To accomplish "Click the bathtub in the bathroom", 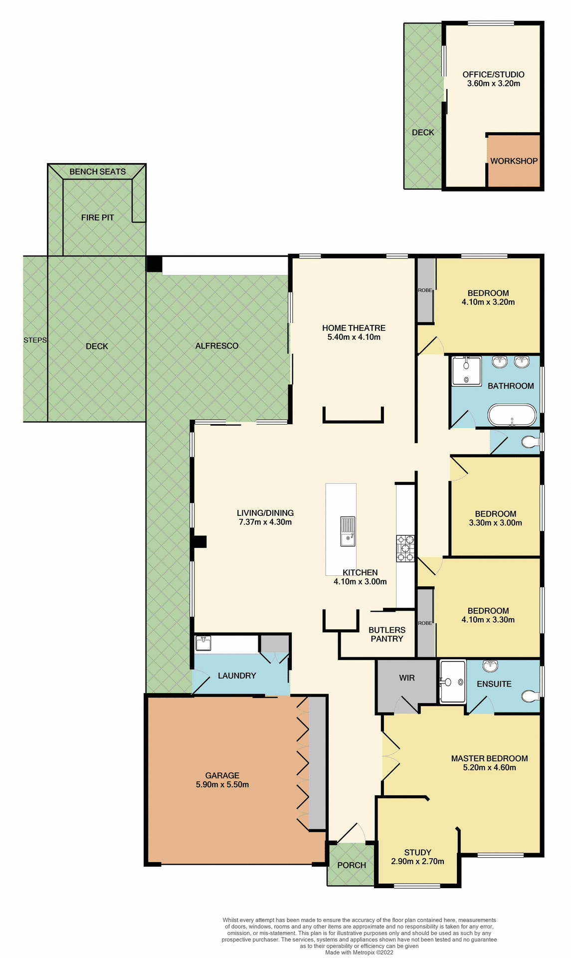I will [x=512, y=415].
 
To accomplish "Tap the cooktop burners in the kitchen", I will [x=405, y=548].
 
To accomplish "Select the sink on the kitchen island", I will [x=348, y=531].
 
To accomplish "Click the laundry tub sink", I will [x=203, y=643].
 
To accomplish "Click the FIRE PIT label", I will [x=98, y=218].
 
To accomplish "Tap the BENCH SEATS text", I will [x=98, y=172].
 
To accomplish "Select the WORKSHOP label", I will [x=514, y=161].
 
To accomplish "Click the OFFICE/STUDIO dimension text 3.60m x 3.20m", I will [x=493, y=84].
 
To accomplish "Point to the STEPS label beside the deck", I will [x=35, y=340].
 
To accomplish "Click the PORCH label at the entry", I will [x=352, y=865].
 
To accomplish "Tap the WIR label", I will [x=407, y=678].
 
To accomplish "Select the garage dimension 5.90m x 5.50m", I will [x=222, y=784].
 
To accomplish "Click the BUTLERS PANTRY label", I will [x=387, y=634].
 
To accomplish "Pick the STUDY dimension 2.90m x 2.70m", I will [x=417, y=861].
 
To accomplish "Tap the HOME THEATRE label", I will [x=354, y=328].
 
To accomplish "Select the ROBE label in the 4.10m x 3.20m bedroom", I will [x=425, y=290].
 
